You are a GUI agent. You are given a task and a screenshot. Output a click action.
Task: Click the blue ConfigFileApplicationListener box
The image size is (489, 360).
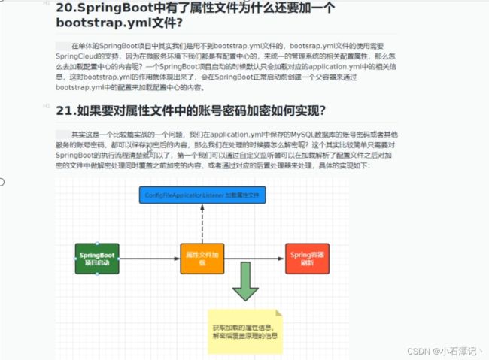[201, 195]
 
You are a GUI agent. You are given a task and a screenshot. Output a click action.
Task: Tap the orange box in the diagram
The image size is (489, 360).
[202, 259]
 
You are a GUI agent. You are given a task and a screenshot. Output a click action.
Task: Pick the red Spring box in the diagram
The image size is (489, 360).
[306, 259]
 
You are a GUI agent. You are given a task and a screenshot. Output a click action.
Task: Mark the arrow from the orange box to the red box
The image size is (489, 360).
[255, 259]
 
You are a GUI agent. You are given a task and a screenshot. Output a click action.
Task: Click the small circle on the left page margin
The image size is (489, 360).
[2, 181]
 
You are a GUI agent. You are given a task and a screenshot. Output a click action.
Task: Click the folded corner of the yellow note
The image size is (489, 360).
[278, 311]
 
